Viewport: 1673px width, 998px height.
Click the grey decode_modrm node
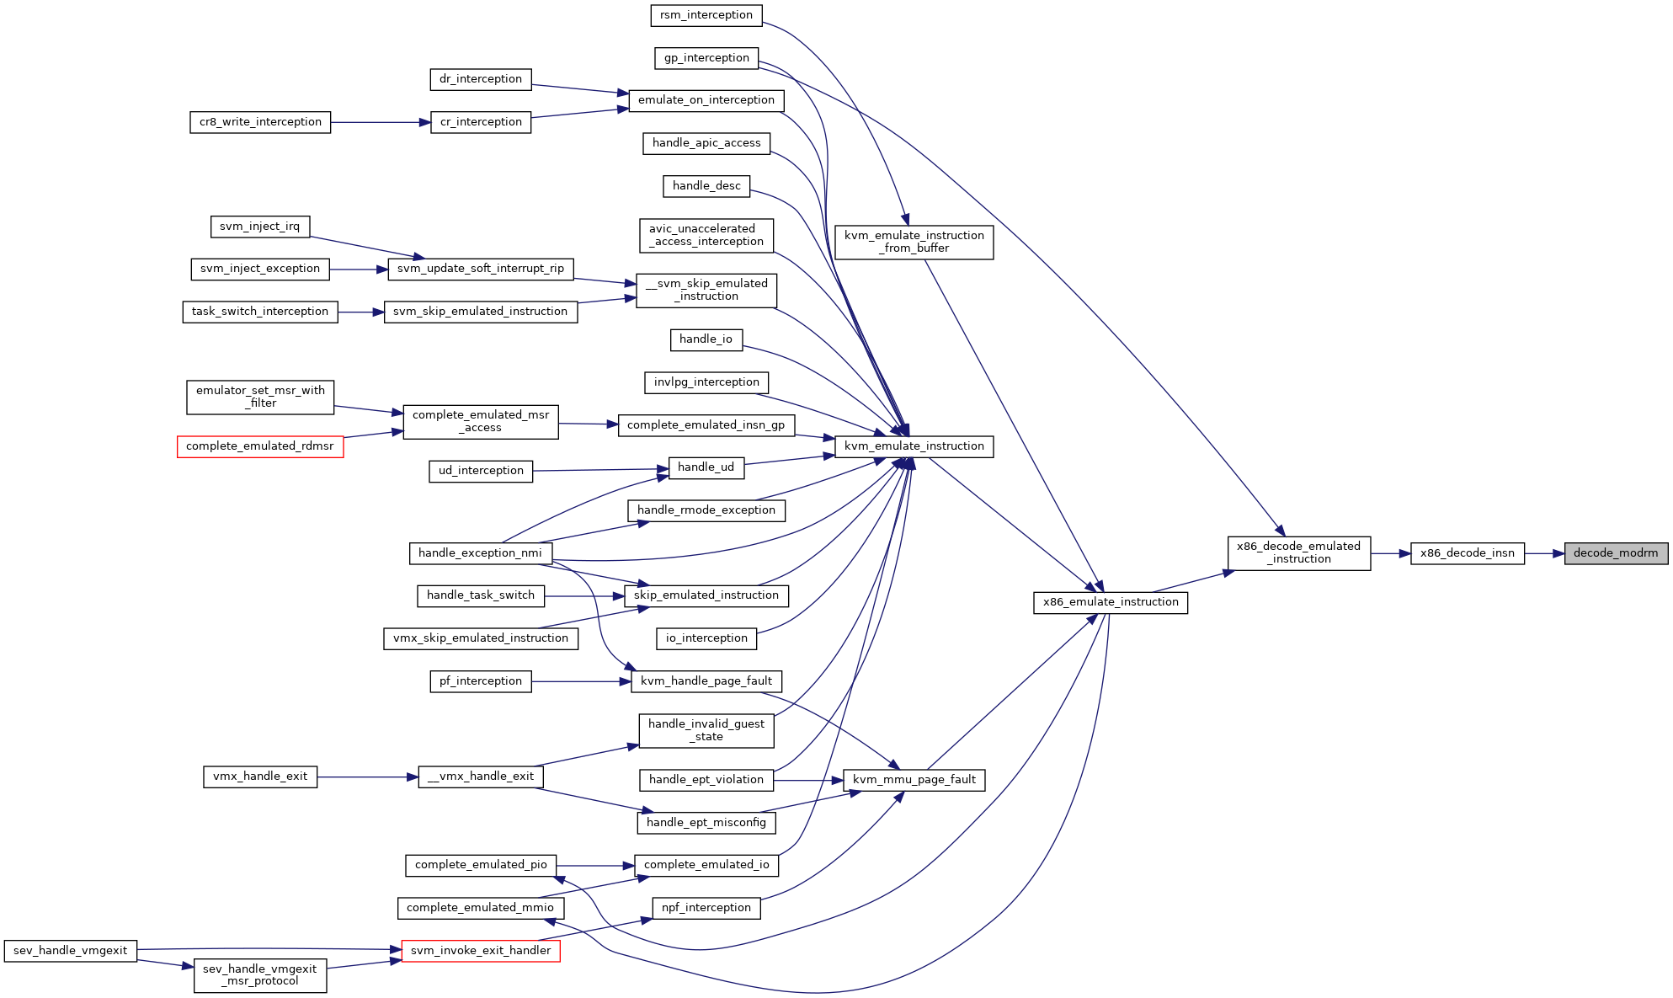pos(1616,553)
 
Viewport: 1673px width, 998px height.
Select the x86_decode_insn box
pos(1468,553)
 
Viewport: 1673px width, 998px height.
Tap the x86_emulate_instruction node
pos(1111,602)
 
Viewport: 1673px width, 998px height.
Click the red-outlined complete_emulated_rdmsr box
pos(260,446)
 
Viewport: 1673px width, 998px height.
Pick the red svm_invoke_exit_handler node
pos(481,951)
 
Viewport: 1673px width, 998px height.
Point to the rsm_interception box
pos(706,15)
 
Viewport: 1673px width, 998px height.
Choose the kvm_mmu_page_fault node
pos(914,780)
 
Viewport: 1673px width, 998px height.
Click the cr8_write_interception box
pos(260,122)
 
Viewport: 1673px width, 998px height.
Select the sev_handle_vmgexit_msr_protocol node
pos(260,975)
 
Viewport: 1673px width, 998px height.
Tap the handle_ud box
pos(706,467)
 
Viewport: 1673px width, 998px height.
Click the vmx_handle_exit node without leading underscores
pos(260,777)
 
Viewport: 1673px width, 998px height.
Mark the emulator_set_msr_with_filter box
pos(260,397)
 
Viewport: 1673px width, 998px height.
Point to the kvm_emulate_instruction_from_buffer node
pos(914,242)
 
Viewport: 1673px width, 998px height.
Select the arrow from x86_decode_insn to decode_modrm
pos(1544,553)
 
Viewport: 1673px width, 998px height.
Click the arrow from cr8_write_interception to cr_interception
pos(381,122)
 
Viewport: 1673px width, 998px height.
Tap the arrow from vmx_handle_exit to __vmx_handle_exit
pos(368,777)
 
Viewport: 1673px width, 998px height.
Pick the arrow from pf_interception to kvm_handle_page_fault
pos(581,681)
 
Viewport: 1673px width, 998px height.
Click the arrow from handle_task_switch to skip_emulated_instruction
pos(584,596)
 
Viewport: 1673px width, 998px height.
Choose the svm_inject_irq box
pos(260,227)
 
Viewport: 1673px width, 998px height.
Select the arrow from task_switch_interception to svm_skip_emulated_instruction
pos(361,312)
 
